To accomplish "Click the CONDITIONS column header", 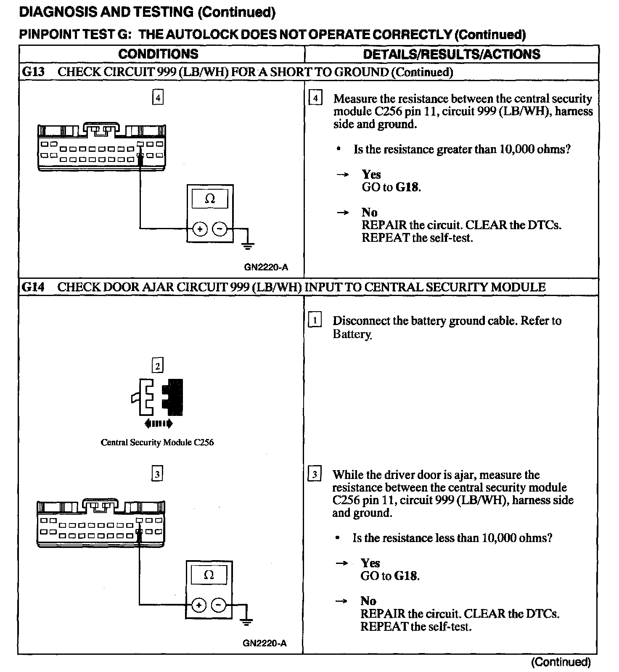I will point(158,54).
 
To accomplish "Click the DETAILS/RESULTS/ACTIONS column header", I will point(452,54).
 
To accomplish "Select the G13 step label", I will point(33,72).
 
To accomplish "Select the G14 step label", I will point(33,287).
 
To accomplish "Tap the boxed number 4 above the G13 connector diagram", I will point(158,98).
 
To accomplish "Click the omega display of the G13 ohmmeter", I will point(210,198).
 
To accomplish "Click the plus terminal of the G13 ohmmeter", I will point(200,229).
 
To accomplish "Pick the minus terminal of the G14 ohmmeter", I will point(218,605).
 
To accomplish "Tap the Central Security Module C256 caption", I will point(157,442).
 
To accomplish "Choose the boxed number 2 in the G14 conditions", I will point(158,366).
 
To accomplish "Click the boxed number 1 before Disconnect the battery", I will point(315,320).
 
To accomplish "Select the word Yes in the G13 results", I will point(371,175).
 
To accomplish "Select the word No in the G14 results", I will point(368,601).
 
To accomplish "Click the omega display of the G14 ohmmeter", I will point(209,575).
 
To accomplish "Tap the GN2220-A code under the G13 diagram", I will point(266,267).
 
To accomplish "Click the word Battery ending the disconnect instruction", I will point(352,334).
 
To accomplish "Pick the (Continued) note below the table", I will point(561,662).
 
